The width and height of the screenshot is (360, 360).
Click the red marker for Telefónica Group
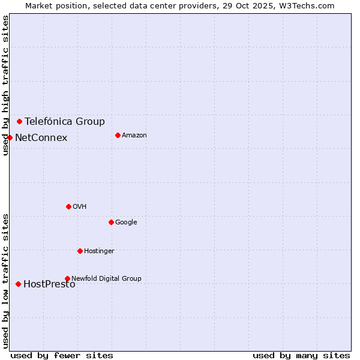pos(19,121)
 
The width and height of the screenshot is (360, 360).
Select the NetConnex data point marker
pos(10,137)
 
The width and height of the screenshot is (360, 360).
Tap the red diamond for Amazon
pos(118,135)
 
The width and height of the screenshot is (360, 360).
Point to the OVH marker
pos(68,206)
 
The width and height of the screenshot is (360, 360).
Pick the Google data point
pos(111,222)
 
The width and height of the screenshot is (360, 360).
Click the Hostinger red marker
pos(80,251)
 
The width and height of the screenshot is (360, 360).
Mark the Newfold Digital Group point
pos(67,278)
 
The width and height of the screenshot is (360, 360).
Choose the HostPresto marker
pos(18,284)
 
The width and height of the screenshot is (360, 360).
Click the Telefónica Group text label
pos(64,121)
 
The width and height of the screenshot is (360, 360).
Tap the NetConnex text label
pos(41,138)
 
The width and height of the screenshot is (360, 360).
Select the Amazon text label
pos(134,135)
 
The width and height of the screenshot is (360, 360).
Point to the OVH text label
pos(79,206)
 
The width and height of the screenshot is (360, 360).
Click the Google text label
pos(126,222)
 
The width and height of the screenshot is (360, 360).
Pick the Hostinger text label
pos(99,251)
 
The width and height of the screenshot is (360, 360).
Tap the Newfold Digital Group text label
pos(106,278)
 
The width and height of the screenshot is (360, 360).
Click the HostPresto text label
pos(49,284)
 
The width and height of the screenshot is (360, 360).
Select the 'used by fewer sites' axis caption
pos(62,355)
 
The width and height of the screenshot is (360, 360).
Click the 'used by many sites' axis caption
pos(301,355)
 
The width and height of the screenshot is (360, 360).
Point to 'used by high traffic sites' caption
pos(5,85)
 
